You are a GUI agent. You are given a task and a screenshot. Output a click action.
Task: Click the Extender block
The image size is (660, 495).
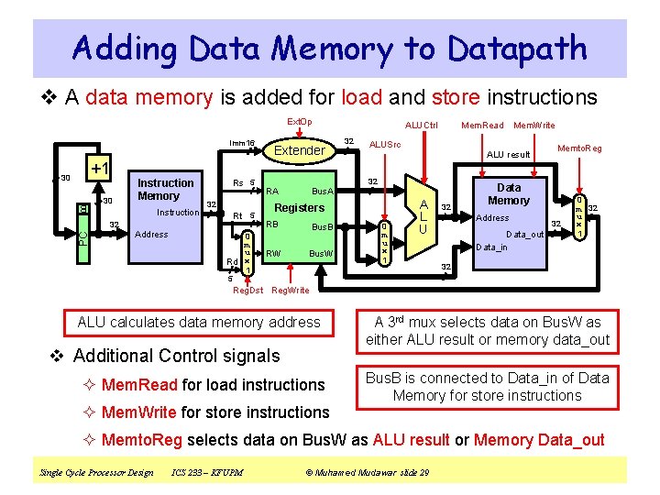click(x=299, y=150)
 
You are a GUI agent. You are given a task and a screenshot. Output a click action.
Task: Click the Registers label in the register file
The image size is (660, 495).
click(x=300, y=207)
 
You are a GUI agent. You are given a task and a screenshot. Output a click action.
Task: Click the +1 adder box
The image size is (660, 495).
click(x=99, y=169)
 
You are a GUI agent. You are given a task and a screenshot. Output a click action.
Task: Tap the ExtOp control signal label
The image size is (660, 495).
click(x=299, y=122)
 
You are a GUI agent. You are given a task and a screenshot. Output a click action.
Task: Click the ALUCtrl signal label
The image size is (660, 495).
click(x=422, y=125)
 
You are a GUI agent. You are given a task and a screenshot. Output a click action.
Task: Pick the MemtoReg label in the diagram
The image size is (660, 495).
click(x=579, y=148)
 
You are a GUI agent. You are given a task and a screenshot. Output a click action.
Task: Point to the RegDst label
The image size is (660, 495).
click(x=247, y=290)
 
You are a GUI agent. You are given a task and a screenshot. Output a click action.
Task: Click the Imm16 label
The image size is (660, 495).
click(x=242, y=142)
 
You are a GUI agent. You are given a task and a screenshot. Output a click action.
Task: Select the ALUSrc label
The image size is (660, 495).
click(x=384, y=144)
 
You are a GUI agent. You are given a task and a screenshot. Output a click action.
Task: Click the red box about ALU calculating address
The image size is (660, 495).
click(x=199, y=322)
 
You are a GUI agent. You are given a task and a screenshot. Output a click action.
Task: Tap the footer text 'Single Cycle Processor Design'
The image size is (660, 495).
click(x=96, y=472)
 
